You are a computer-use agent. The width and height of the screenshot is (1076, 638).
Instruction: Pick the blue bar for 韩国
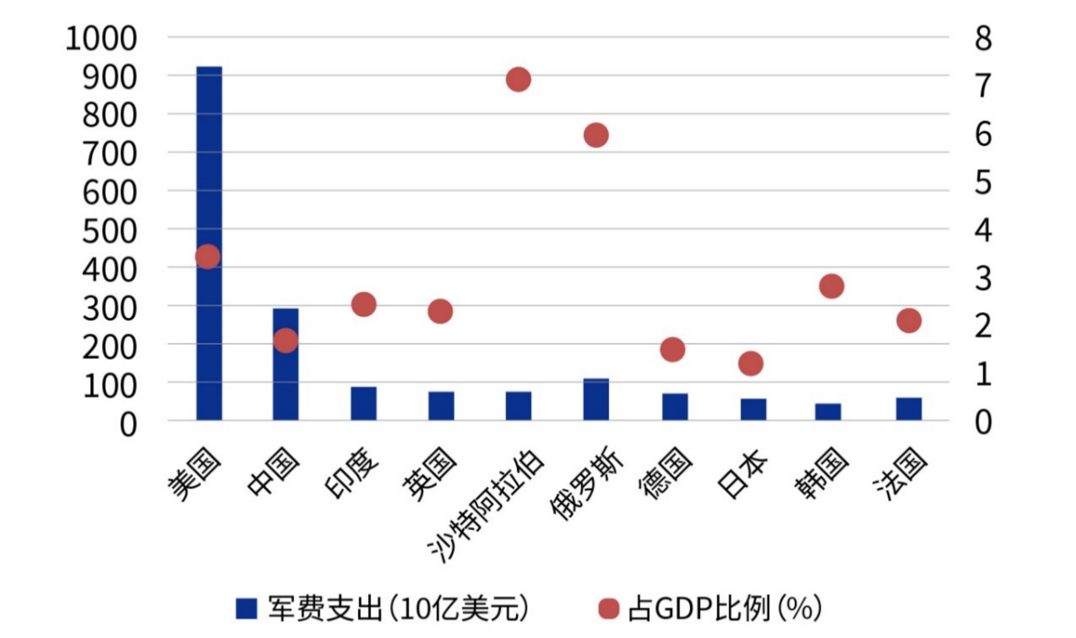coord(828,412)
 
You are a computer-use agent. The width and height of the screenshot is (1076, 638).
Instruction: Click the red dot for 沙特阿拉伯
coord(519,79)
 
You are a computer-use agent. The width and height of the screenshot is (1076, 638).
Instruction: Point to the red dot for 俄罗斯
coord(596,136)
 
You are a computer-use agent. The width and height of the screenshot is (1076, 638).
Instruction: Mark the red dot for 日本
coord(751,363)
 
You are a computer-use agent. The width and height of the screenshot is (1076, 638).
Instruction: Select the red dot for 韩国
coord(832,286)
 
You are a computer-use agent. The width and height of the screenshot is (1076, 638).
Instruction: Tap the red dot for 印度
coord(364,304)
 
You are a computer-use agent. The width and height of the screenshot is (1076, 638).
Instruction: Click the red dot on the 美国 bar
coord(208,256)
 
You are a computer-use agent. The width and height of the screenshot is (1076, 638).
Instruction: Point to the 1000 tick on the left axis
coord(101,39)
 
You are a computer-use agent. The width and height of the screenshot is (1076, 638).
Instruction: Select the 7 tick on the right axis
coord(983,85)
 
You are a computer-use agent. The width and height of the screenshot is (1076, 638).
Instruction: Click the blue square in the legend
coord(246,609)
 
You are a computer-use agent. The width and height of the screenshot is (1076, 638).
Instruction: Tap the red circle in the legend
coord(609,609)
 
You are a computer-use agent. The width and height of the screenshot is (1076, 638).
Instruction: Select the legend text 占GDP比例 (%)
coord(725,609)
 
